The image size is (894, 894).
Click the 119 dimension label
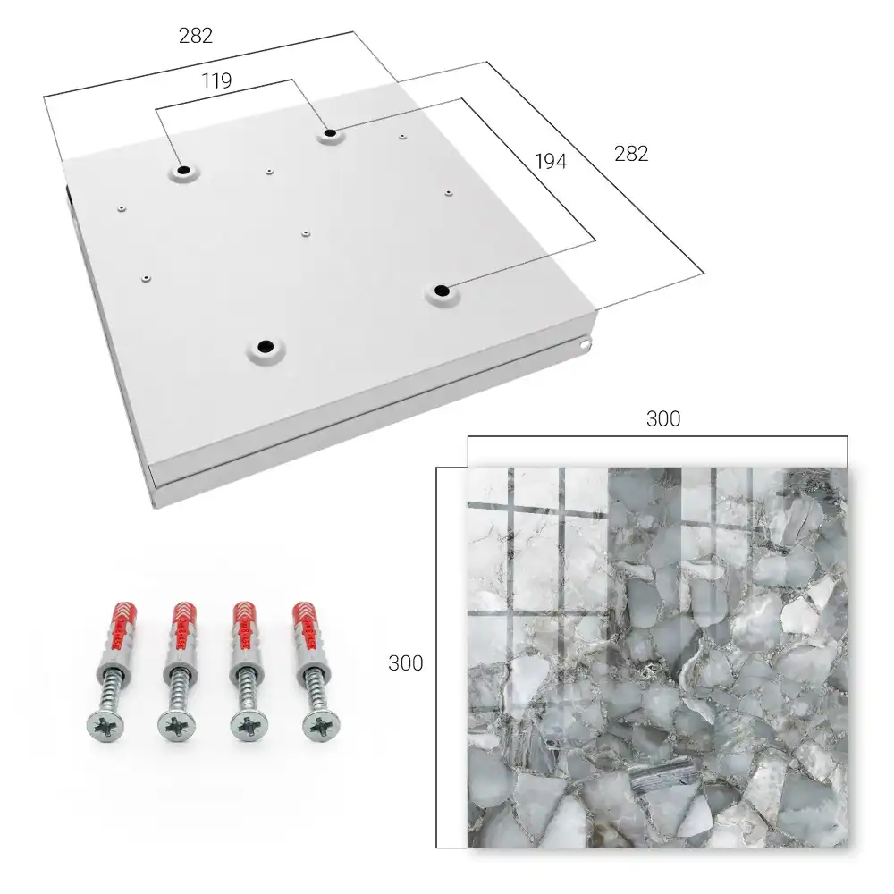coord(216,81)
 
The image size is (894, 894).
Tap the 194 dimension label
coord(551,162)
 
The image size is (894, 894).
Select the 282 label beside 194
coord(631,154)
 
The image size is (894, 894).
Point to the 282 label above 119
coord(196,36)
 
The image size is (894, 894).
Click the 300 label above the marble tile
coord(663,419)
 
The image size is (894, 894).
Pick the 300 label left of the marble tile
coord(405,663)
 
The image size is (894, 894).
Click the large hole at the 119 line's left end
coord(183,170)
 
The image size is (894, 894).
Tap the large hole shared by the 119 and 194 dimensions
coord(330,133)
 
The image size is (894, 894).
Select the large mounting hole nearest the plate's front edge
coord(266,346)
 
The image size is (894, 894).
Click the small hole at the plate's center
coord(306,233)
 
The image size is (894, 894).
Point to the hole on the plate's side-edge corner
coord(585,344)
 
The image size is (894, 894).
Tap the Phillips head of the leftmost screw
coord(105,726)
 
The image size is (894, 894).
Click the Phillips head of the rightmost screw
coord(321,726)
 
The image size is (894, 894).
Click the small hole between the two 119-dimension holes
coord(268,171)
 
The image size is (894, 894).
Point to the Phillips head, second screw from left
coord(176,726)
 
